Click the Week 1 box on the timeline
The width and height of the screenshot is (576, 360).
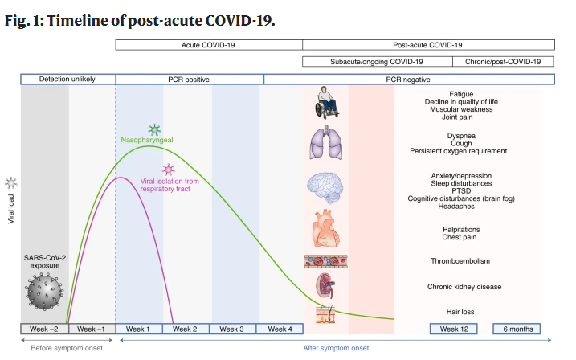(x=139, y=329)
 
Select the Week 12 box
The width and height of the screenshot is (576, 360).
(x=454, y=329)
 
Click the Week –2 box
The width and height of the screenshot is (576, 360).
(x=44, y=329)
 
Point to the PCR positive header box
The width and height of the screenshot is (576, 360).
(x=190, y=80)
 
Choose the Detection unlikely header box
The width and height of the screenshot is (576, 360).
(x=68, y=80)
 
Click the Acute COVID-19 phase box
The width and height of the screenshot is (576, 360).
(x=209, y=46)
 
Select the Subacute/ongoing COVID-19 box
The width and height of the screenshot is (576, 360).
(x=377, y=61)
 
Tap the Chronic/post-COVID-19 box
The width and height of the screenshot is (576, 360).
(x=503, y=61)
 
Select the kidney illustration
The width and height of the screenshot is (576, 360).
(x=325, y=285)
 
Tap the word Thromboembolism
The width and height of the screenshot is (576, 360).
(x=460, y=261)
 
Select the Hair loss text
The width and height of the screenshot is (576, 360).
(x=460, y=311)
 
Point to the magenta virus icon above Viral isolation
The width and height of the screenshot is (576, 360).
(x=169, y=170)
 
